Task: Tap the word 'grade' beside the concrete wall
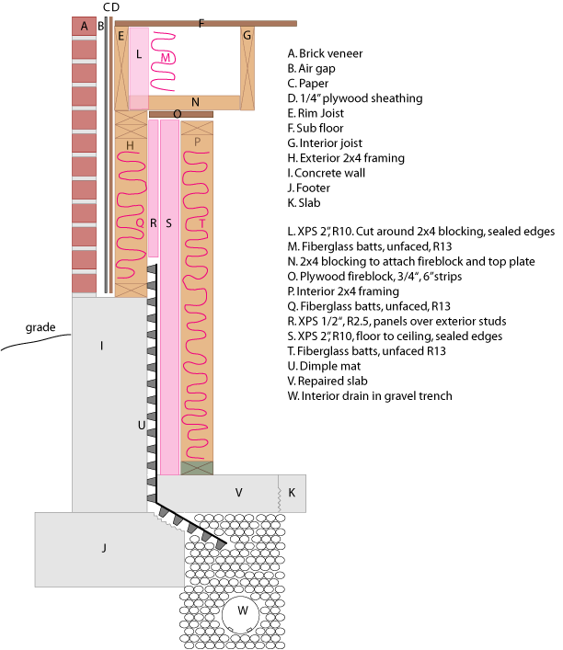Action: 42,326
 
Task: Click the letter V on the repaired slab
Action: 238,493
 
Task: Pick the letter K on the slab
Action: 293,493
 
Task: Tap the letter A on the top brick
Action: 84,26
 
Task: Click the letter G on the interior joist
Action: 247,36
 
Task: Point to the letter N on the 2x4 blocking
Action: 195,101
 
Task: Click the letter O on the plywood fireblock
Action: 177,114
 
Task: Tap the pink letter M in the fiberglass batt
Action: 166,57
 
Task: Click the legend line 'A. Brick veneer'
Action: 325,53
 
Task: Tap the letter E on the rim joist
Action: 121,36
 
